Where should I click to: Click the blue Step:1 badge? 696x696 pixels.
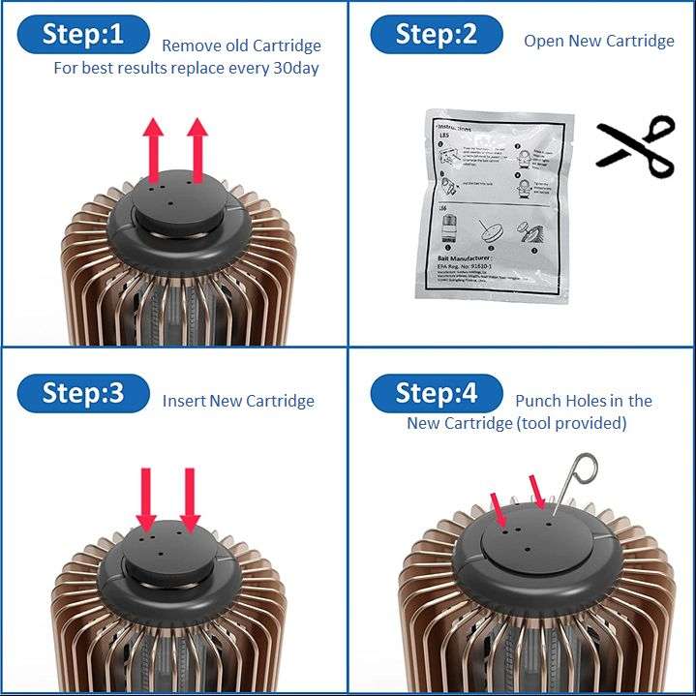coord(83,36)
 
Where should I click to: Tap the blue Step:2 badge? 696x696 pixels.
coord(437,36)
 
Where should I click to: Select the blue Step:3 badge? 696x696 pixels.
coord(83,394)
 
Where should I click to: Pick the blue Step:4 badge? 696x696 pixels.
coord(437,394)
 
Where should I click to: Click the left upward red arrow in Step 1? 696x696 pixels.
coord(153,150)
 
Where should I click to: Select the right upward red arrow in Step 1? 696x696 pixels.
coord(197,150)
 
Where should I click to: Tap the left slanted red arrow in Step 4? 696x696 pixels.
coord(499,509)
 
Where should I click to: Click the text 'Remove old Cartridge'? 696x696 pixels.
coord(241,45)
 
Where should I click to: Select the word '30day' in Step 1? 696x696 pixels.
coord(295,69)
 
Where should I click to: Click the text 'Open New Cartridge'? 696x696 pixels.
coord(598,41)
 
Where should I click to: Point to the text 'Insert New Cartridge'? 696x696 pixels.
coord(238,401)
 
